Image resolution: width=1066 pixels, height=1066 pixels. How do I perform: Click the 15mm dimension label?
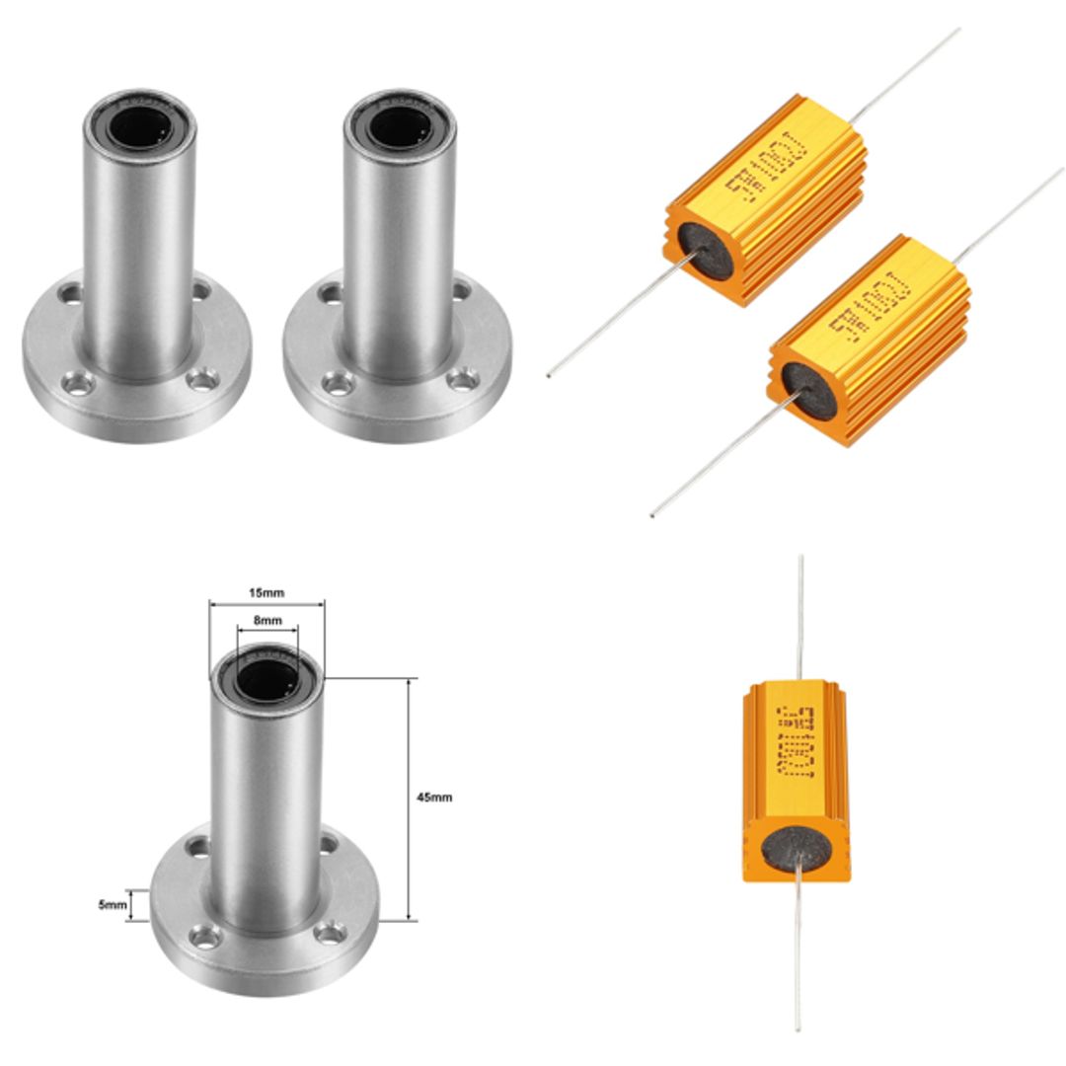point(266,593)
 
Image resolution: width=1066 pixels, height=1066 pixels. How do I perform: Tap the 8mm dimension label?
point(267,621)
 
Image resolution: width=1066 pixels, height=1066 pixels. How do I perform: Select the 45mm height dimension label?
point(434,797)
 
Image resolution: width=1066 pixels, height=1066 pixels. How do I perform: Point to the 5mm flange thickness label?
point(114,904)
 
